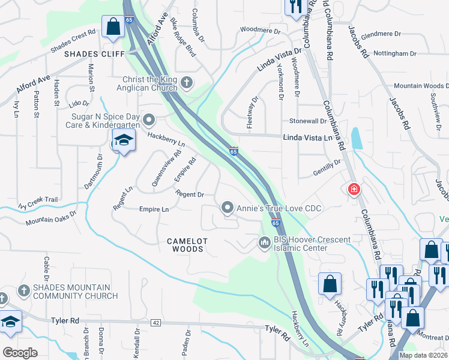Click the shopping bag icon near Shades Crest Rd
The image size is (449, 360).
click(x=113, y=27)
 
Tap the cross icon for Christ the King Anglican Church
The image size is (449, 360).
click(x=187, y=82)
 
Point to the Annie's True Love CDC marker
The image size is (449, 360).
click(x=228, y=208)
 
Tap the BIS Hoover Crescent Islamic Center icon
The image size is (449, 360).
click(x=264, y=242)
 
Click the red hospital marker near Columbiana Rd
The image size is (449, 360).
click(x=354, y=190)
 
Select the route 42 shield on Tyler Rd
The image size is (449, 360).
click(x=156, y=323)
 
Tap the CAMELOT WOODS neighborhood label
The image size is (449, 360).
click(x=187, y=244)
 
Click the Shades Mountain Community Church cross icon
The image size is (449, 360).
click(x=23, y=290)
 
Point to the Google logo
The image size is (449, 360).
click(x=20, y=353)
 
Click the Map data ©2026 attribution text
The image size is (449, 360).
click(x=423, y=355)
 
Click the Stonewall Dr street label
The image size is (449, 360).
click(x=307, y=121)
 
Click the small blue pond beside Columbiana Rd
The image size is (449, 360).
click(x=357, y=139)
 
